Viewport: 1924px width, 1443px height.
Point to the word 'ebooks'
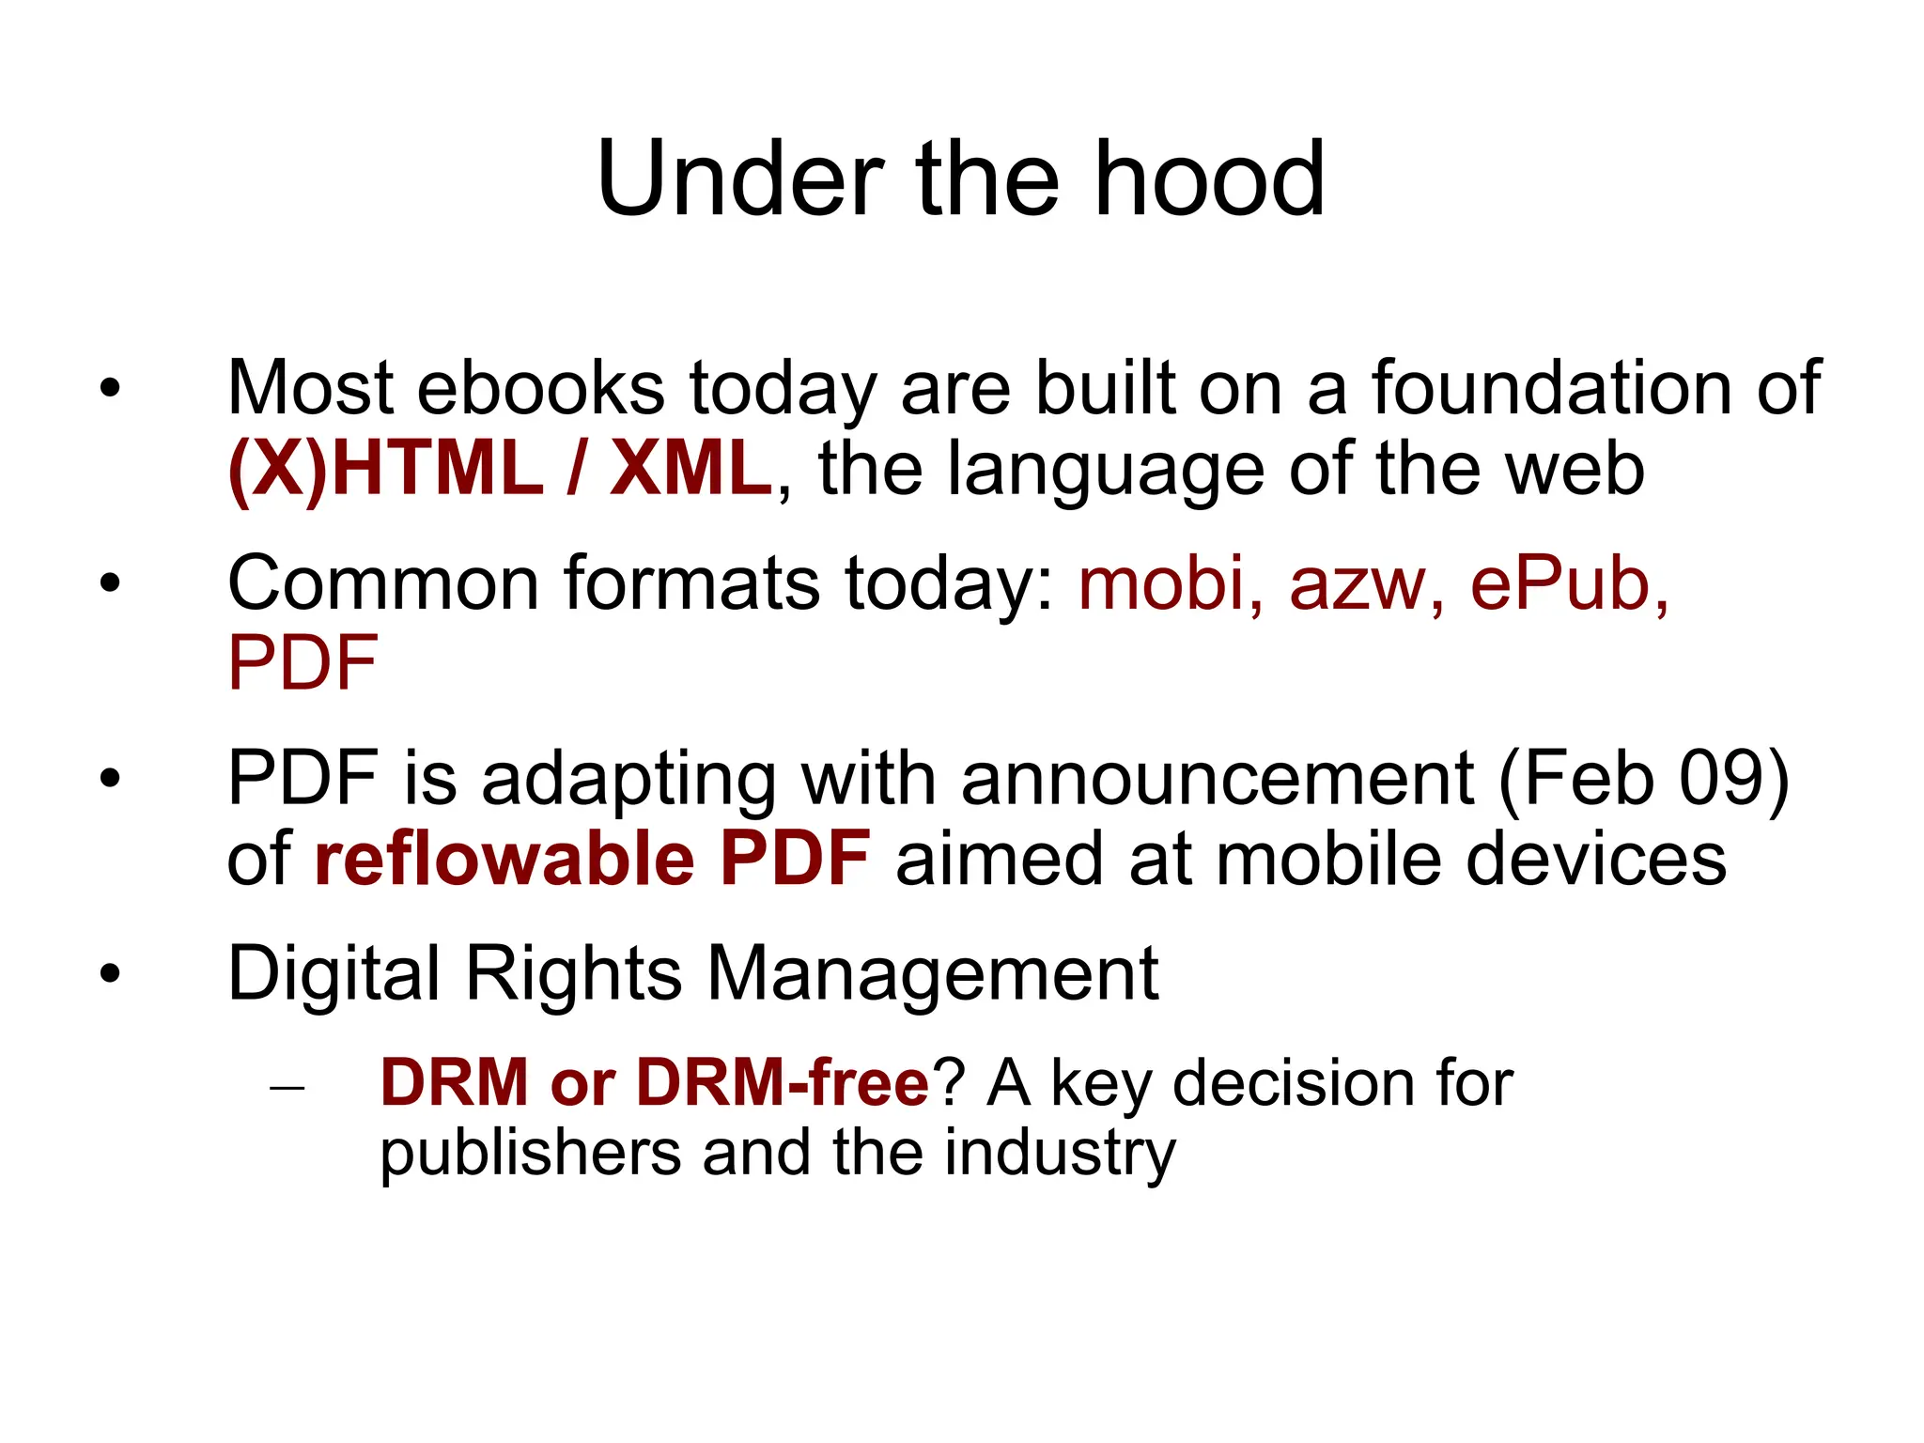[541, 388]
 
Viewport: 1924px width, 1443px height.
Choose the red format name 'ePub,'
[1570, 584]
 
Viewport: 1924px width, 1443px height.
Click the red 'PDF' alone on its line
[303, 664]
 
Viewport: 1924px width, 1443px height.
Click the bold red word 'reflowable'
[504, 859]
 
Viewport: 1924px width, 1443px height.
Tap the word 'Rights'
[573, 973]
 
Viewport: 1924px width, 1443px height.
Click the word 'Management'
[933, 973]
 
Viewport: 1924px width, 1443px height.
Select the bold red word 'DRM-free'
[783, 1083]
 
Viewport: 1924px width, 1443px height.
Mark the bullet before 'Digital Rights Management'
[111, 974]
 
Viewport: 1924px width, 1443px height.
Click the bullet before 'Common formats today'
[111, 584]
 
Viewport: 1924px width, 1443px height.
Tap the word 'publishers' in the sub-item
[530, 1153]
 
